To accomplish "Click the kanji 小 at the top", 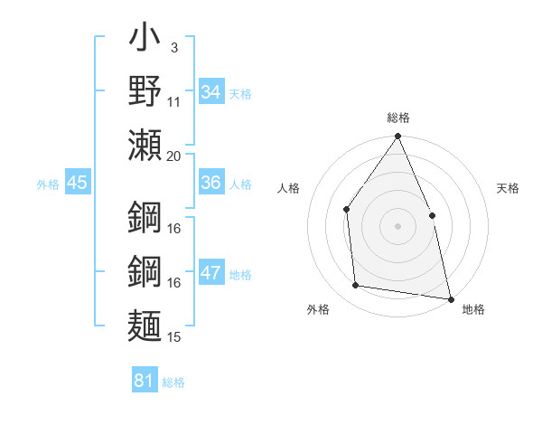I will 145,39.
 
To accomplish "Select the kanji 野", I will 145,91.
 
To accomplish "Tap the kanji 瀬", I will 145,144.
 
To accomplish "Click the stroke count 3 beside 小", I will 173,46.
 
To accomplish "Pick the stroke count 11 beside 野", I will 174,101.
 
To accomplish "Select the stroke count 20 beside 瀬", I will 174,155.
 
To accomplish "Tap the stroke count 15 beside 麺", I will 174,337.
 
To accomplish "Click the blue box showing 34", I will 211,92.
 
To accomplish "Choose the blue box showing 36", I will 211,183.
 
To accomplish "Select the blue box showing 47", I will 211,274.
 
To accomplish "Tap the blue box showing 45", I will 78,183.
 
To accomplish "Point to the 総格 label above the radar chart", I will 397,118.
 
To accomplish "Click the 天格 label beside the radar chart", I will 508,188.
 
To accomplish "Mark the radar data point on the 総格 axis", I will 397,137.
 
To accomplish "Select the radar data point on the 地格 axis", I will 450,298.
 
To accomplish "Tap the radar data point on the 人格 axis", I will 347,210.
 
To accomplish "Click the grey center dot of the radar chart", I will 397,225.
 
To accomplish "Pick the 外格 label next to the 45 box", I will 48,184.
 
